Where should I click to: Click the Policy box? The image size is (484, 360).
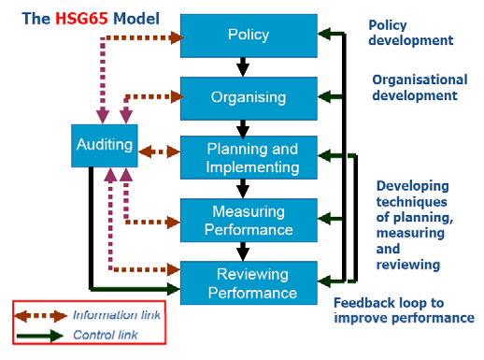(x=248, y=35)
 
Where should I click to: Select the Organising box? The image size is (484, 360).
(x=248, y=96)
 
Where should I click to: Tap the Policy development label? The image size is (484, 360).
(x=410, y=33)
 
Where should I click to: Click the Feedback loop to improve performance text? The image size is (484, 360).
(x=403, y=310)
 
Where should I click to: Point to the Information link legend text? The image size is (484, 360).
(x=109, y=315)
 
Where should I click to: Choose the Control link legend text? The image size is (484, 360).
(x=102, y=334)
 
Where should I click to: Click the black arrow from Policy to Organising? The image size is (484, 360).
(x=244, y=66)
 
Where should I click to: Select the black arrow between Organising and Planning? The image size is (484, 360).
(x=244, y=128)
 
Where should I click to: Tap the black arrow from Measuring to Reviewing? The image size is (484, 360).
(x=244, y=252)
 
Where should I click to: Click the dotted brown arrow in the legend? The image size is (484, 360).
(x=41, y=316)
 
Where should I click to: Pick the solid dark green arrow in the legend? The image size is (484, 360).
(x=41, y=335)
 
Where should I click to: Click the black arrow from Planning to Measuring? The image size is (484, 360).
(x=244, y=190)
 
